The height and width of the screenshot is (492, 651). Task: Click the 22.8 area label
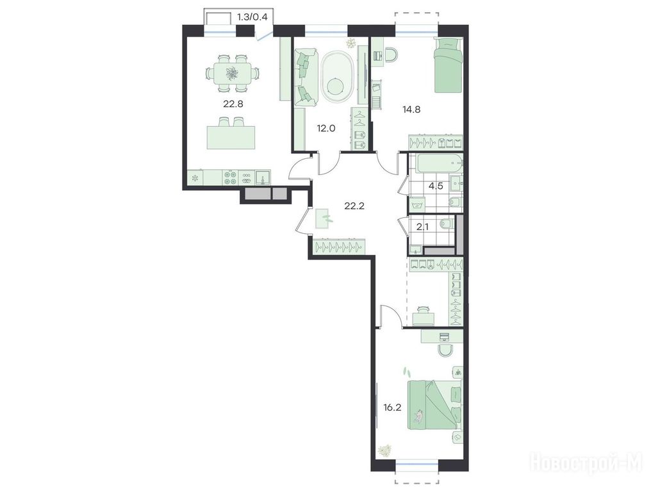pyautogui.click(x=233, y=104)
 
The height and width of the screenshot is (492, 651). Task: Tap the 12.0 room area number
pyautogui.click(x=325, y=128)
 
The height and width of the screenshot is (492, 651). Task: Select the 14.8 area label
pyautogui.click(x=411, y=110)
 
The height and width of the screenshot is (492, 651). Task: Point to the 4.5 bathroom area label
pyautogui.click(x=436, y=186)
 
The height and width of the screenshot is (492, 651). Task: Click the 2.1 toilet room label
pyautogui.click(x=422, y=227)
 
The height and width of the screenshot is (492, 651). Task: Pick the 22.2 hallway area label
pyautogui.click(x=354, y=206)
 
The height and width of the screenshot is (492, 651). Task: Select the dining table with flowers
pyautogui.click(x=231, y=74)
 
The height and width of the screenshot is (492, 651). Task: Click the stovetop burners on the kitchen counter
pyautogui.click(x=229, y=177)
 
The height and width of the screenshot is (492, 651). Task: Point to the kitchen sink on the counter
pyautogui.click(x=263, y=177)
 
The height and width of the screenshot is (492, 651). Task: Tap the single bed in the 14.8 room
pyautogui.click(x=447, y=65)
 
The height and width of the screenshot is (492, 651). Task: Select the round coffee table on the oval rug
pyautogui.click(x=334, y=86)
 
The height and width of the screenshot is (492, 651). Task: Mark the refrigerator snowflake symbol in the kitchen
pyautogui.click(x=195, y=179)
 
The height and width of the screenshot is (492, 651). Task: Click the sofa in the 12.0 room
pyautogui.click(x=306, y=77)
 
